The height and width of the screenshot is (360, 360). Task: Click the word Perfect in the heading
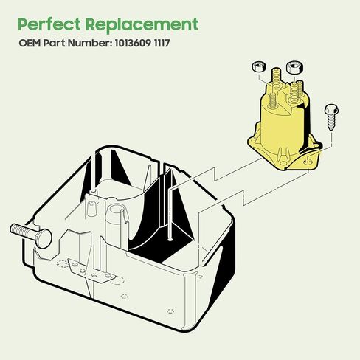tap(49, 24)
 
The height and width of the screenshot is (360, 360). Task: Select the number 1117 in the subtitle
tap(162, 44)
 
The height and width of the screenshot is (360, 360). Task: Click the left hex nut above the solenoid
tap(259, 66)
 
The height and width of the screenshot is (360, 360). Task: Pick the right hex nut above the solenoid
tap(294, 67)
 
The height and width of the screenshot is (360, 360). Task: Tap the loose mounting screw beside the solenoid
tap(331, 117)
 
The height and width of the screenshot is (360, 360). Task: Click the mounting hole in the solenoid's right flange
tap(308, 162)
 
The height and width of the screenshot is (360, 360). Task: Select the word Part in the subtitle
tap(54, 44)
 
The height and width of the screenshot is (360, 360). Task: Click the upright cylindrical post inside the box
tap(116, 221)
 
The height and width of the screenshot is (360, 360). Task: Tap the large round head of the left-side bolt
tap(44, 238)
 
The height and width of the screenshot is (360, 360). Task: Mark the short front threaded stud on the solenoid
tap(272, 100)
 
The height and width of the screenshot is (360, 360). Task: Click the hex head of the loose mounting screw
tap(331, 110)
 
